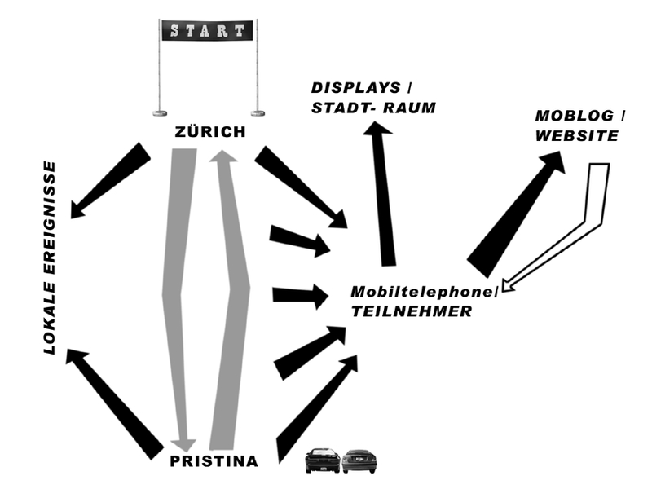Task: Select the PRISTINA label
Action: pos(214,461)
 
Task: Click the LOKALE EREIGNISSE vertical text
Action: pos(50,257)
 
